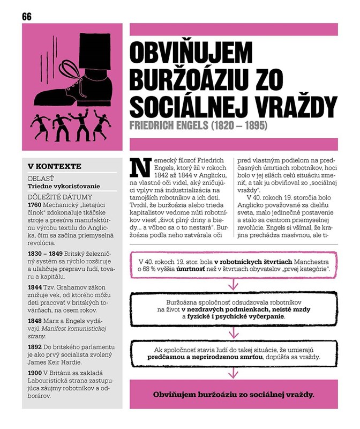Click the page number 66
[x=27, y=17]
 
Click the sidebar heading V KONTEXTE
[x=54, y=166]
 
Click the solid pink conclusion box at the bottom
[x=234, y=395]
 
